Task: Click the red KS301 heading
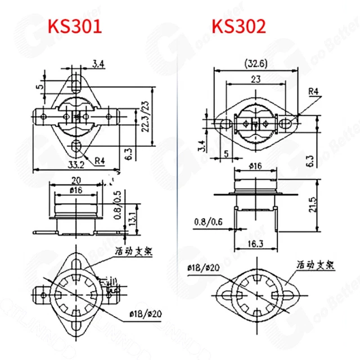point(75,26)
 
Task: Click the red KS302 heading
point(238,26)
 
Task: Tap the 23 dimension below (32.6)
point(255,80)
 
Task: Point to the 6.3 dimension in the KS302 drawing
point(325,161)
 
